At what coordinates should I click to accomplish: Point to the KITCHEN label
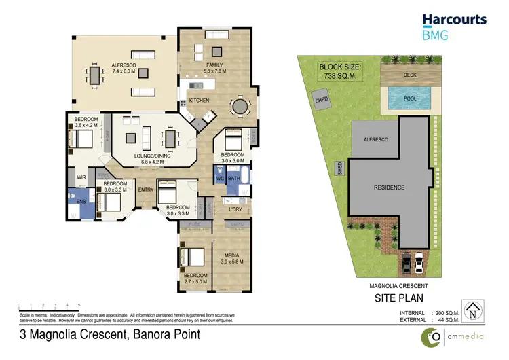click(x=200, y=101)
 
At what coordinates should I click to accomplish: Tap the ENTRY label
click(x=146, y=190)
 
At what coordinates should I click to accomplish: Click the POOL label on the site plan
click(x=410, y=98)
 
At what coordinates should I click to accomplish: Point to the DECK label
click(x=410, y=75)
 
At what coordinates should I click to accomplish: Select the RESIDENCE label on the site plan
click(x=389, y=187)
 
